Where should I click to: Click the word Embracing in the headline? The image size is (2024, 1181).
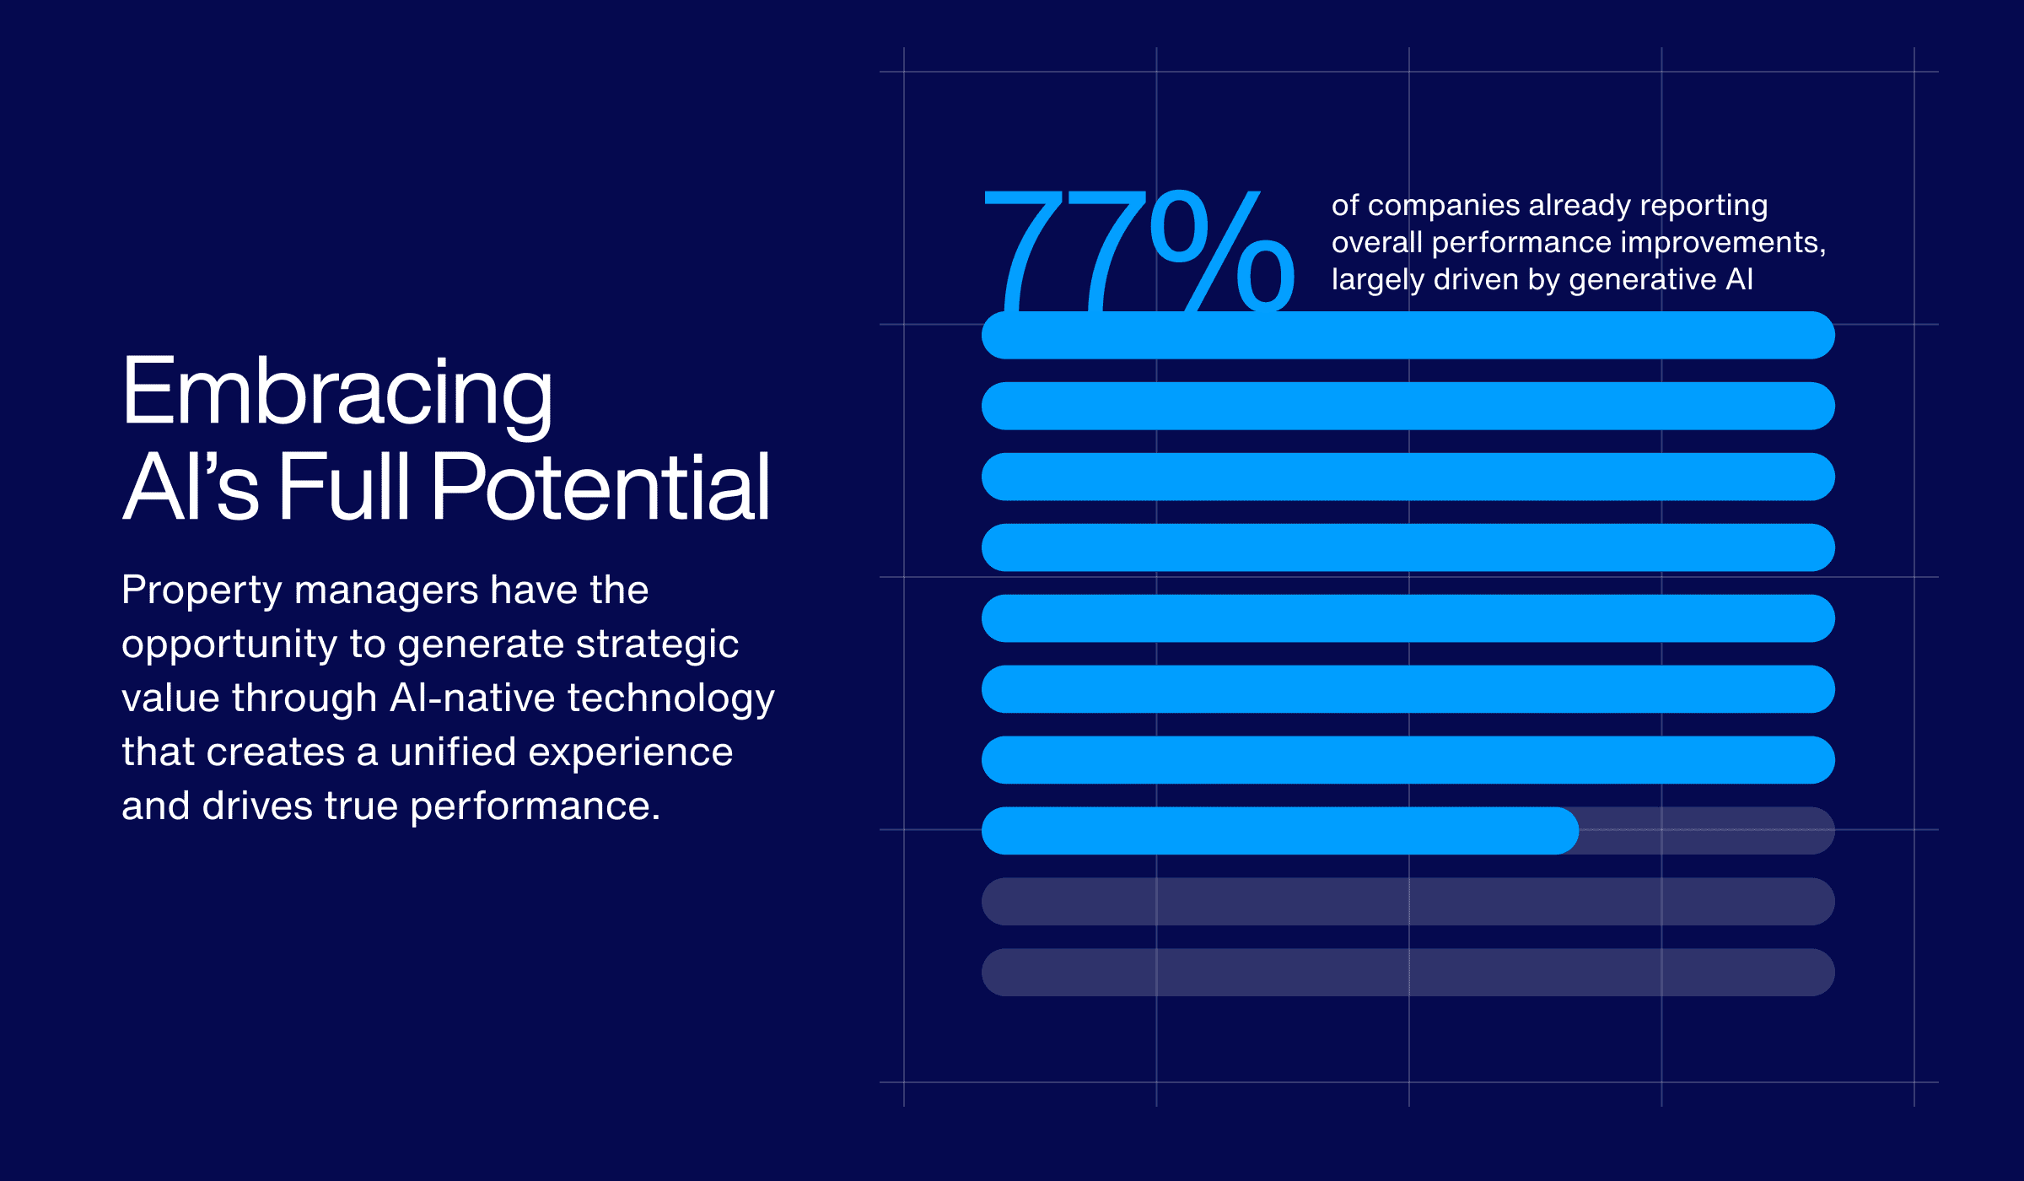(336, 393)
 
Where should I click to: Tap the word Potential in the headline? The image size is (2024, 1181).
(600, 488)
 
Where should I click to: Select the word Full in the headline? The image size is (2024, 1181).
(343, 488)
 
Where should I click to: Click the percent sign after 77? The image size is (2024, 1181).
(1223, 250)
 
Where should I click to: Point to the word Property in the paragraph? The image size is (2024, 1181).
(201, 590)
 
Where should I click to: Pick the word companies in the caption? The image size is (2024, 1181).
(1443, 206)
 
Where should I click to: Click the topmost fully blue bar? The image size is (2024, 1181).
(1408, 336)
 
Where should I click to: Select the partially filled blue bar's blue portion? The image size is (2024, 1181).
(1278, 831)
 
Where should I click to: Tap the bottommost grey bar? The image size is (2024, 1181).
(1408, 973)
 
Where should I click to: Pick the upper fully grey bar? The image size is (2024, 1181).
(1408, 902)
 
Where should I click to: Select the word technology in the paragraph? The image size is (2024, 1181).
(670, 698)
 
